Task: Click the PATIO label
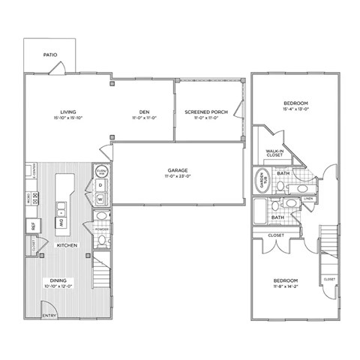point(50,55)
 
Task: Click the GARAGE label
point(177,170)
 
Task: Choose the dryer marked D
point(100,184)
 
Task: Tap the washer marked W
point(100,199)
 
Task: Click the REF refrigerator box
point(34,225)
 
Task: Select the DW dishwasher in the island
point(62,223)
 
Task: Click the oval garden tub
point(263,180)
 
